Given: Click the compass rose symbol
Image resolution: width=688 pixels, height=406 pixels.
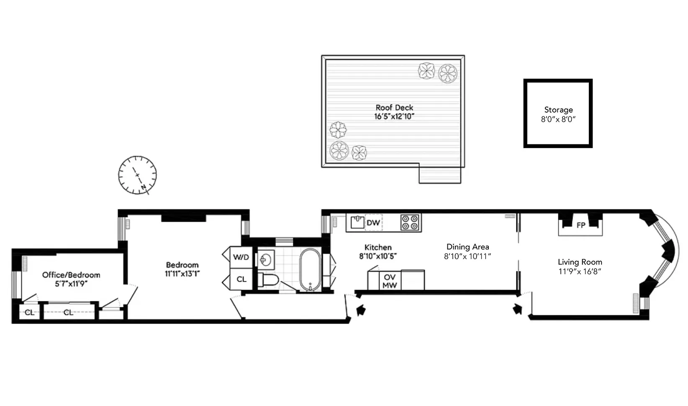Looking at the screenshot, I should click(137, 175).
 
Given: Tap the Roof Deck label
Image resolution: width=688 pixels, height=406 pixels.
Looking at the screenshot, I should click(394, 108).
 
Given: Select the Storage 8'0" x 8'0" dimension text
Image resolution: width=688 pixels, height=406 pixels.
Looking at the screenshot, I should click(558, 119).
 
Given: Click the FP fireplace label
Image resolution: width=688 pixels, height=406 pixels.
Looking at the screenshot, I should click(580, 225).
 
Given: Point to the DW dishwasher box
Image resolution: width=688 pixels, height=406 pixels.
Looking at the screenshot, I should click(373, 223).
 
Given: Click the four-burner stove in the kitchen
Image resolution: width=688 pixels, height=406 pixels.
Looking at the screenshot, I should click(410, 223).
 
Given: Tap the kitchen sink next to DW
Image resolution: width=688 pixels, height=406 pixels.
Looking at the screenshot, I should click(357, 222).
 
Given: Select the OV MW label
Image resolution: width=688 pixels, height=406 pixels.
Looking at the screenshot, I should click(390, 281).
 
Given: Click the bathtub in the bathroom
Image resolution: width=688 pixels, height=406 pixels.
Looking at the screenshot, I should click(310, 270).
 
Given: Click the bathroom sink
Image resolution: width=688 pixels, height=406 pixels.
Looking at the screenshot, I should click(265, 260).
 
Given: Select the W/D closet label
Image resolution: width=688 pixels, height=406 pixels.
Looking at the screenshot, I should click(241, 257).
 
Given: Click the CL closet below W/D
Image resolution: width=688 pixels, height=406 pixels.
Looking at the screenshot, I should click(241, 279).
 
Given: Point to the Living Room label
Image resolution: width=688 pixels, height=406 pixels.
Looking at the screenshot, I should click(580, 262).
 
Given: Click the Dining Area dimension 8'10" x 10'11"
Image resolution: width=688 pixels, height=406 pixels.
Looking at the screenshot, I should click(467, 256).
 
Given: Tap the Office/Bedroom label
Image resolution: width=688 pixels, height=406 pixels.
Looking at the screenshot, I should click(71, 275).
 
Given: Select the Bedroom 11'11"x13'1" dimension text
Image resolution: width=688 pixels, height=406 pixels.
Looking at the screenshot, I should click(182, 274).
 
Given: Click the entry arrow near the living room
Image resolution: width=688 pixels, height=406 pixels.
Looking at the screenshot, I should click(518, 309).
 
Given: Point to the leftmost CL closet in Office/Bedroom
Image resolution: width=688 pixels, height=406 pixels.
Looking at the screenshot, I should click(29, 312).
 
